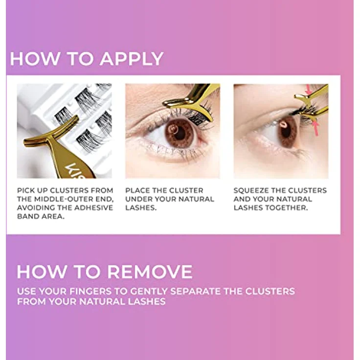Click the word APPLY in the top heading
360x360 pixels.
coord(132,59)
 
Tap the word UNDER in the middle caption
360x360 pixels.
coord(138,199)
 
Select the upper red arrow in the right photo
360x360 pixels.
coord(309,90)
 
